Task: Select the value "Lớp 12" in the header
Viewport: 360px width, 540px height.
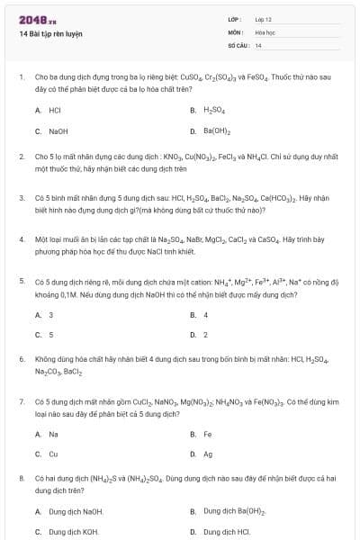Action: coord(264,19)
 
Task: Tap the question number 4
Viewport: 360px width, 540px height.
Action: coord(21,239)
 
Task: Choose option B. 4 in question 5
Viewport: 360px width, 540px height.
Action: coord(205,315)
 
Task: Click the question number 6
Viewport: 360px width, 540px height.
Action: coord(21,358)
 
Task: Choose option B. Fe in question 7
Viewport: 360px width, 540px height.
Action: coord(207,434)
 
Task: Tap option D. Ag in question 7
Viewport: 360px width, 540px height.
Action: coord(208,454)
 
